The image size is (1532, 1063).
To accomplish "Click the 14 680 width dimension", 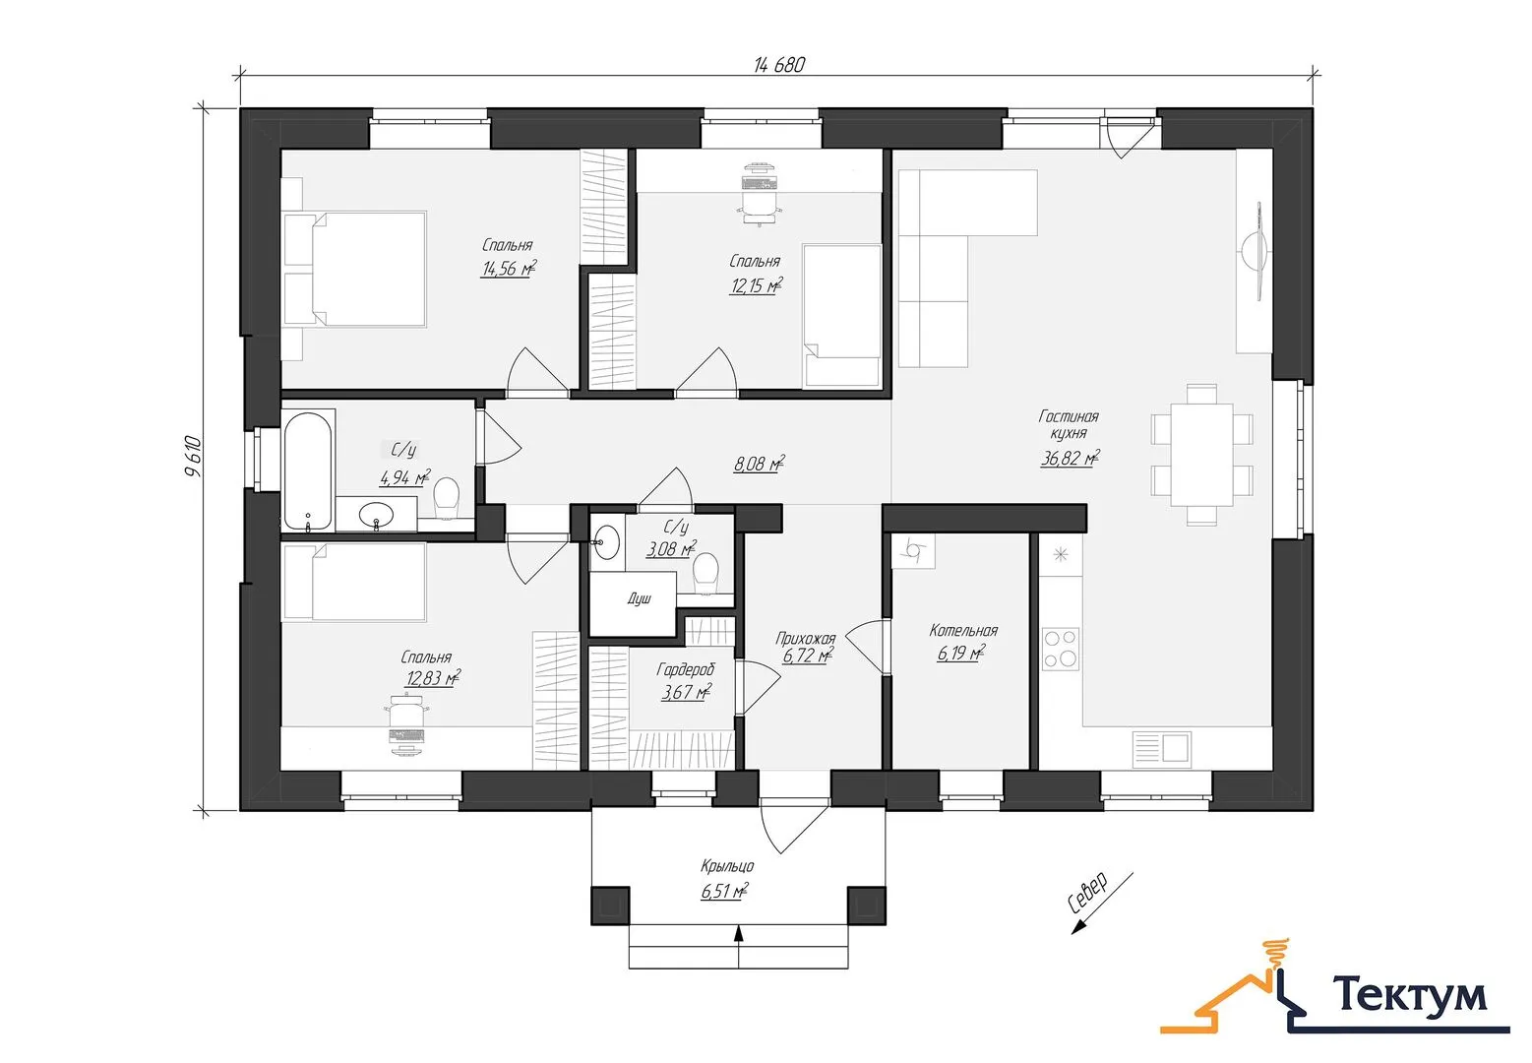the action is coord(779,65).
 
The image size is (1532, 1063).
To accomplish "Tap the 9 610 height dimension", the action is coord(194,457).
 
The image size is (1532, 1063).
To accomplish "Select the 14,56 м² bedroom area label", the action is coord(509,268).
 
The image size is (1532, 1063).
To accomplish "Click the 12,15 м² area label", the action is coord(756,285).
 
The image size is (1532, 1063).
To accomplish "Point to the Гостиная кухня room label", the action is coord(1069,424).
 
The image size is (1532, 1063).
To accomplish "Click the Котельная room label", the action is coord(963,630).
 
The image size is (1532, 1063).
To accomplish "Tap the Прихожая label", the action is coord(806,638).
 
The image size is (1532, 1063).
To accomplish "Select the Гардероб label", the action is coord(685,669).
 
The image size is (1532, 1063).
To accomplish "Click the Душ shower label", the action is coord(640,598).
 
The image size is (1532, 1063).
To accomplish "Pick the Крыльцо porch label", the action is coord(727,866).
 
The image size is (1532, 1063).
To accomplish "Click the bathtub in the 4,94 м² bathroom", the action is coord(308,471).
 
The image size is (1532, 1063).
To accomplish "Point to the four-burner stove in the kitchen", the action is coord(1060,649).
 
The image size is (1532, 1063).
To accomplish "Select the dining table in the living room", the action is coord(1201,454).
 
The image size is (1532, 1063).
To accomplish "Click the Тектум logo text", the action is coord(1410,995).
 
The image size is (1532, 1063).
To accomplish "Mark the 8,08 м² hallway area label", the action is coord(760,465).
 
